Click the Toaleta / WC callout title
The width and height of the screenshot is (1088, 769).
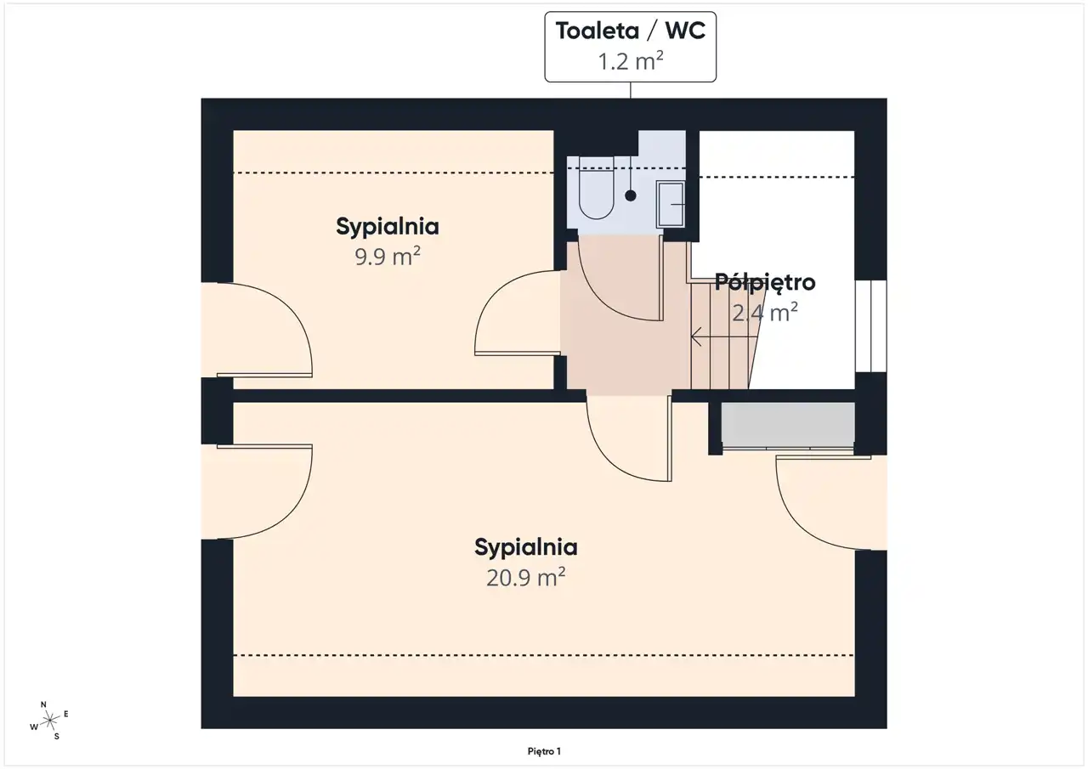coord(630,31)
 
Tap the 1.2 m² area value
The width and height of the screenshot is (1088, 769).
coord(630,61)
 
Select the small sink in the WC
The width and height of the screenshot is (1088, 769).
coord(671,205)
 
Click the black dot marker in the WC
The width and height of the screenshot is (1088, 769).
coord(631,195)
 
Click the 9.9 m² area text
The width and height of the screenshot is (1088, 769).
coord(387,257)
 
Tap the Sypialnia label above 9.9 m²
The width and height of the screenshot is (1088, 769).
coord(388,227)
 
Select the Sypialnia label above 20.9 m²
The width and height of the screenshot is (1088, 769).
coord(526,547)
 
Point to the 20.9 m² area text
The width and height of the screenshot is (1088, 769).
coord(526,578)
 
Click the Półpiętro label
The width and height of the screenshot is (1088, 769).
coord(765,283)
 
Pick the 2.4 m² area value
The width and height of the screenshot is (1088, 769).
coord(765,313)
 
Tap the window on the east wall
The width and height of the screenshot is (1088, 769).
coord(871,326)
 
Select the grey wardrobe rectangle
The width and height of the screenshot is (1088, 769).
coord(788,424)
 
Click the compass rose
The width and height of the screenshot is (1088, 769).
coord(49,721)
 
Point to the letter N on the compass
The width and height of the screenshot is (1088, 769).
coord(43,704)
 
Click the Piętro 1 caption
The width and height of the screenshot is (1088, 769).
coord(544,751)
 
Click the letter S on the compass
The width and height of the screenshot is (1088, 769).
coord(57,737)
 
